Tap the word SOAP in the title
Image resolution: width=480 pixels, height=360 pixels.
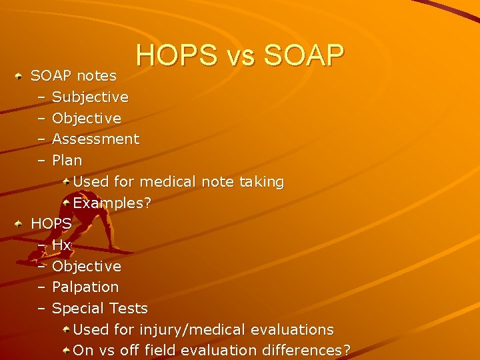pyautogui.click(x=304, y=56)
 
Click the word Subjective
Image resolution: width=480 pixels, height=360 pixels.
pyautogui.click(x=90, y=97)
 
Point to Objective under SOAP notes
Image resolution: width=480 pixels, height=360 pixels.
pyautogui.click(x=87, y=119)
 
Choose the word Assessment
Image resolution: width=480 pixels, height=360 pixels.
pyautogui.click(x=95, y=139)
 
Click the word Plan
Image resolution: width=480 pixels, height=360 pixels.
pyautogui.click(x=67, y=161)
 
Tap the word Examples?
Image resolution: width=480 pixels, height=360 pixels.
pyautogui.click(x=112, y=203)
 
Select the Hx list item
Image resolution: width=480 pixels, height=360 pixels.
pyautogui.click(x=61, y=245)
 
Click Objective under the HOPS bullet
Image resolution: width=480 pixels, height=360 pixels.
pyautogui.click(x=87, y=267)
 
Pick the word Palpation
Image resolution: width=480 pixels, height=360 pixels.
pyautogui.click(x=85, y=287)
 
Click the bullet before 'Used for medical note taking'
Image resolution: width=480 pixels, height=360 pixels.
pyautogui.click(x=67, y=181)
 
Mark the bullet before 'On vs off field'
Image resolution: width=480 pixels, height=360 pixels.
pyautogui.click(x=67, y=350)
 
